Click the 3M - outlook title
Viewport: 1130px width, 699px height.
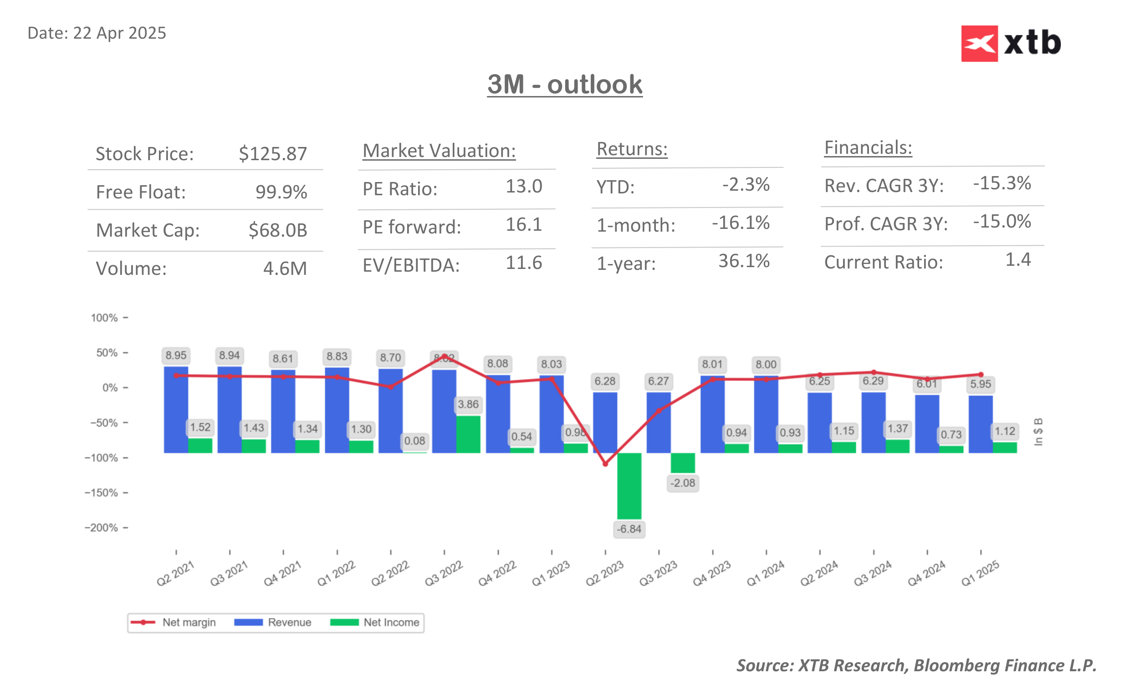click(564, 85)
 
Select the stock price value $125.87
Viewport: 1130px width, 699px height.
click(272, 153)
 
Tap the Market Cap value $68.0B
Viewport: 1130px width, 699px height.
click(277, 230)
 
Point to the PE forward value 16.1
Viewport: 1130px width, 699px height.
click(523, 225)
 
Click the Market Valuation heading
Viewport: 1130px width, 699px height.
click(439, 151)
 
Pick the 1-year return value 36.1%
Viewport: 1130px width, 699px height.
click(743, 261)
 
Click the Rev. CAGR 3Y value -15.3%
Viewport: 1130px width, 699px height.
click(1002, 183)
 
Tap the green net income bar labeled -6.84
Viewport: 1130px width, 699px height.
click(629, 486)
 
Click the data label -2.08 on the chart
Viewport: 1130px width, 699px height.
click(682, 483)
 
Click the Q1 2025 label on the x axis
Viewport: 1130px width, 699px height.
click(980, 573)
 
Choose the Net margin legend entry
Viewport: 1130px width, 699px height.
click(174, 622)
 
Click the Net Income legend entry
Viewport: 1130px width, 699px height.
click(375, 622)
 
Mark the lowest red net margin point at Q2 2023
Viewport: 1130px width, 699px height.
click(605, 464)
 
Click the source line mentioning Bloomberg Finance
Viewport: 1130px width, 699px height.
click(916, 665)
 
